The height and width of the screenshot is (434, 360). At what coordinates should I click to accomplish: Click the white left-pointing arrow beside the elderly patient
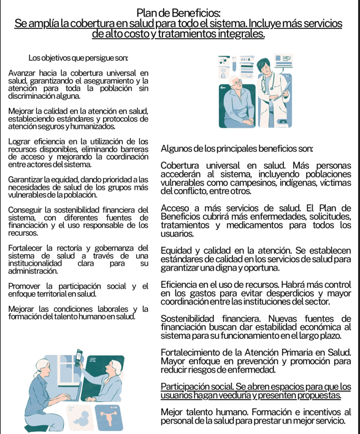223,88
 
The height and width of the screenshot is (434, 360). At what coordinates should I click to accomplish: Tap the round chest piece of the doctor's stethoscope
272,88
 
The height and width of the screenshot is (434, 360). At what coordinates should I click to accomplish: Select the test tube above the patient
234,64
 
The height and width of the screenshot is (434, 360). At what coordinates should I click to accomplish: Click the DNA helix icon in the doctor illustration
223,73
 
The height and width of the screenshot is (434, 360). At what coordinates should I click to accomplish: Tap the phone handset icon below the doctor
283,121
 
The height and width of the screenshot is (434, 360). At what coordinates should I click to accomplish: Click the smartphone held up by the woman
79,357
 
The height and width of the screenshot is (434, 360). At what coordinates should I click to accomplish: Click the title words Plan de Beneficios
178,13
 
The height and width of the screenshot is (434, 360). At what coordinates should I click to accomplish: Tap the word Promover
24,286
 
